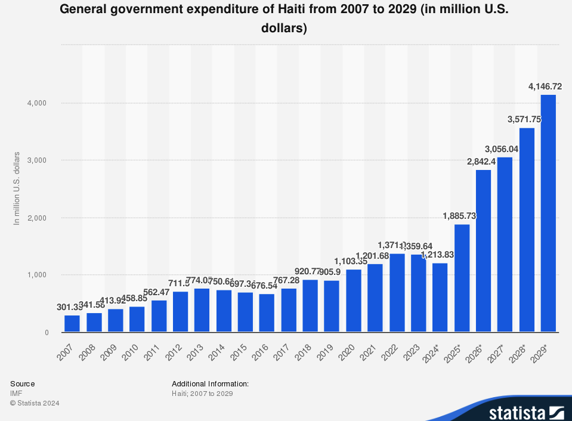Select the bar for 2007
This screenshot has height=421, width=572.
(x=72, y=323)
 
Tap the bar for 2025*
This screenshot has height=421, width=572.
(x=462, y=278)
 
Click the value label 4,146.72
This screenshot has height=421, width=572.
(x=545, y=86)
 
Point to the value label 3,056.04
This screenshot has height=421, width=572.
(x=502, y=148)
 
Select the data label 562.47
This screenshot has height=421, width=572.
(x=159, y=292)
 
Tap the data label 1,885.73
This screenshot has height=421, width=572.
(x=459, y=216)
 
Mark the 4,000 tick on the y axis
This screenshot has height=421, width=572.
(x=37, y=103)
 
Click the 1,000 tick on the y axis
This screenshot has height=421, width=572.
(x=37, y=275)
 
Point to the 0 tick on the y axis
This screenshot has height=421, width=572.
(x=45, y=332)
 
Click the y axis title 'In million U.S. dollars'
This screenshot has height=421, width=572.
(x=17, y=188)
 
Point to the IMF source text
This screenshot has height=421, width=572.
(x=16, y=394)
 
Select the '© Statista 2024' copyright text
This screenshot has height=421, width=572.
(x=35, y=403)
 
